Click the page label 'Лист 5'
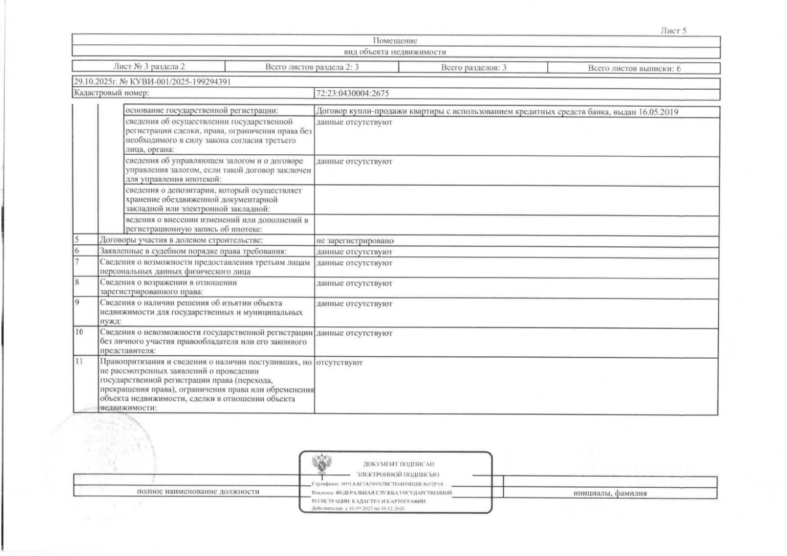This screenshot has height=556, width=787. pos(673,31)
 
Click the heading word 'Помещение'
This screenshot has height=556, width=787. pos(395,41)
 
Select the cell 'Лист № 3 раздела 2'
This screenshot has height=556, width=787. pos(149,68)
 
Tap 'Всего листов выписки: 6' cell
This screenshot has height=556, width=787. pos(634,68)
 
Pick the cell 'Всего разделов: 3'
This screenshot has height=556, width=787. pos(473,68)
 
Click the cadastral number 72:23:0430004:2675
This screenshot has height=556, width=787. pos(352,94)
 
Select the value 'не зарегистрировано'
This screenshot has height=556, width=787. pos(355,241)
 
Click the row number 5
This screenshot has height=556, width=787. pos(77,240)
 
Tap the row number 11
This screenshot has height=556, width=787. pos(79,362)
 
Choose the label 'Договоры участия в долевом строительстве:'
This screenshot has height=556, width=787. pos(181,241)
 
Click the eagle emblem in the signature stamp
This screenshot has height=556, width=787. pos(321,465)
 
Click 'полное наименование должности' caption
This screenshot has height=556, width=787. pos(198,491)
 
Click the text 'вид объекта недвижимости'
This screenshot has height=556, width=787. pos(395,52)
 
